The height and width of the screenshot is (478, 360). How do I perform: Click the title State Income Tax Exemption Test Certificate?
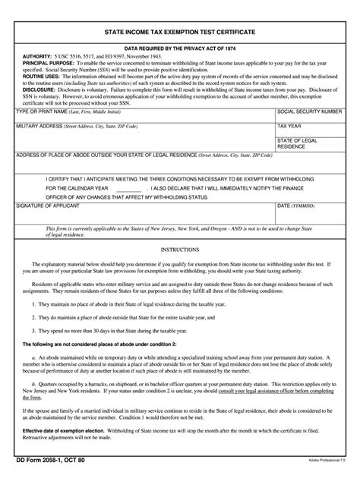click(x=179, y=33)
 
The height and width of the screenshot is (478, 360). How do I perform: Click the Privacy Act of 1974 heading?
click(x=179, y=47)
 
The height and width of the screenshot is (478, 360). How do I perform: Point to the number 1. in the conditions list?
click(x=33, y=303)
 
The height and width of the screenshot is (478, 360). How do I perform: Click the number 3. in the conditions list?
click(x=33, y=331)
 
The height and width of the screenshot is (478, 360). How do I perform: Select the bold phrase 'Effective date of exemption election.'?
click(x=62, y=432)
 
